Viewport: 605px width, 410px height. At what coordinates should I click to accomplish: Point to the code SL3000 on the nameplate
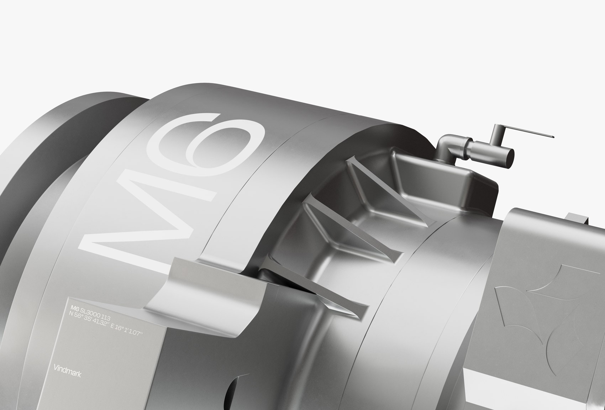[x=90, y=313]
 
